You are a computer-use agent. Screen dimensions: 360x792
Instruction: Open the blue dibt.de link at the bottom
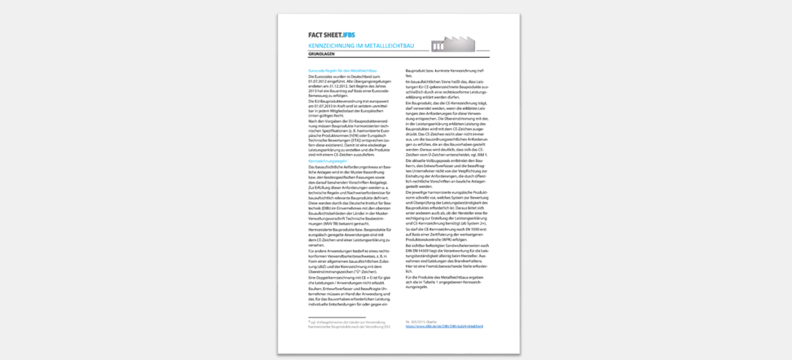pos(445,326)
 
